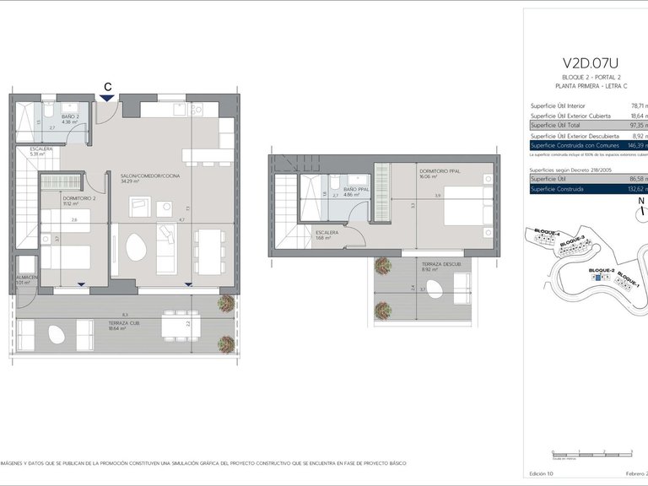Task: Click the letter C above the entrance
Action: click(107, 86)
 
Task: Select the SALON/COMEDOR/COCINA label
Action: click(142, 175)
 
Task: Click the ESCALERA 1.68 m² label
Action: click(327, 234)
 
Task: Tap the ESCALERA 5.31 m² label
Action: click(41, 151)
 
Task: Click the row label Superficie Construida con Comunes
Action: click(574, 146)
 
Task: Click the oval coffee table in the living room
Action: click(135, 247)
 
